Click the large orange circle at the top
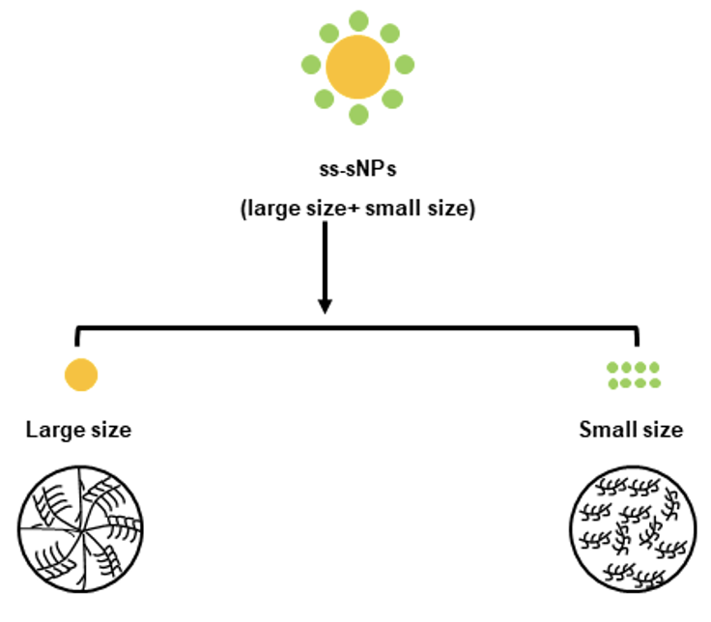click(x=357, y=66)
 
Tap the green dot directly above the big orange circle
click(x=358, y=20)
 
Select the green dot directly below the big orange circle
click(x=358, y=115)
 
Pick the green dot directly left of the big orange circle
click(x=311, y=66)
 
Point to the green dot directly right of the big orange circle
click(x=405, y=66)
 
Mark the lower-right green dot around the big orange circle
click(x=391, y=99)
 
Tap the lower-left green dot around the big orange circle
click(x=325, y=99)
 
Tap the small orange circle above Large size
click(x=81, y=374)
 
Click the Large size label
click(x=78, y=430)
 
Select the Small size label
click(x=631, y=430)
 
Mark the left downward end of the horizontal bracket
click(x=76, y=341)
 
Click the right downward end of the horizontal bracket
click(x=637, y=341)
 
